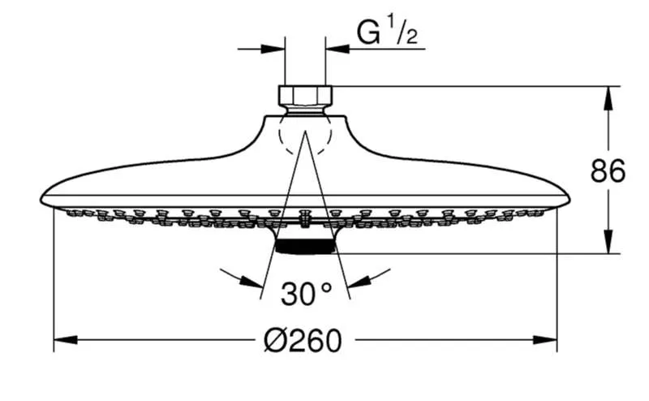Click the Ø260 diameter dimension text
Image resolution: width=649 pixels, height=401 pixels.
[302, 339]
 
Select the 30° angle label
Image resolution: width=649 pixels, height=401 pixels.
[306, 293]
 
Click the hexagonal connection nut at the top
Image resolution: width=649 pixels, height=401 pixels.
[306, 97]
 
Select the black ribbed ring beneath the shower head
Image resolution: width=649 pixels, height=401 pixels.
[306, 244]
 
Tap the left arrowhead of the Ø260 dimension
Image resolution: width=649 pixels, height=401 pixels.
[62, 339]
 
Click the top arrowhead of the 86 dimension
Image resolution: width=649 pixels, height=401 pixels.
[608, 93]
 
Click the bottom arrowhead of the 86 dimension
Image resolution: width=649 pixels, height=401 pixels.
[608, 245]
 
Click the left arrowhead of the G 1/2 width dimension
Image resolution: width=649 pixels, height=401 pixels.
[278, 48]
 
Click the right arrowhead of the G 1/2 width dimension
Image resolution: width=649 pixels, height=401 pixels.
[333, 48]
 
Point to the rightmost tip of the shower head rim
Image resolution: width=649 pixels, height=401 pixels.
[569, 198]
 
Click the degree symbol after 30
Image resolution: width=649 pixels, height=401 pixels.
[327, 287]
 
